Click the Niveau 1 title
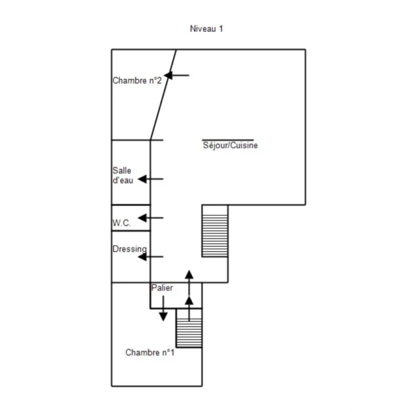[206, 29]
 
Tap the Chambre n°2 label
[136, 80]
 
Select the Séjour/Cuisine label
[230, 146]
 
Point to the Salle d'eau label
[123, 175]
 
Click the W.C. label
[121, 223]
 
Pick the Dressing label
[130, 249]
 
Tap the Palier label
[162, 288]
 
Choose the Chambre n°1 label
[150, 352]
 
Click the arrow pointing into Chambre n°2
[176, 76]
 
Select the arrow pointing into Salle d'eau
[150, 179]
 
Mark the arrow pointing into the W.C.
[150, 218]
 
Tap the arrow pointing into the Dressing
[150, 257]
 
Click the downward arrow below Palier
[163, 308]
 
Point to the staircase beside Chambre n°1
[189, 328]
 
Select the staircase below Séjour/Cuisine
[215, 231]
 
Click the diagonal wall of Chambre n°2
[163, 95]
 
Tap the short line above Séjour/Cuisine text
[228, 140]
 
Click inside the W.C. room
[131, 218]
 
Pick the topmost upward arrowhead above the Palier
[189, 274]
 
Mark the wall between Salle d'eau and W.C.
[131, 205]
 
